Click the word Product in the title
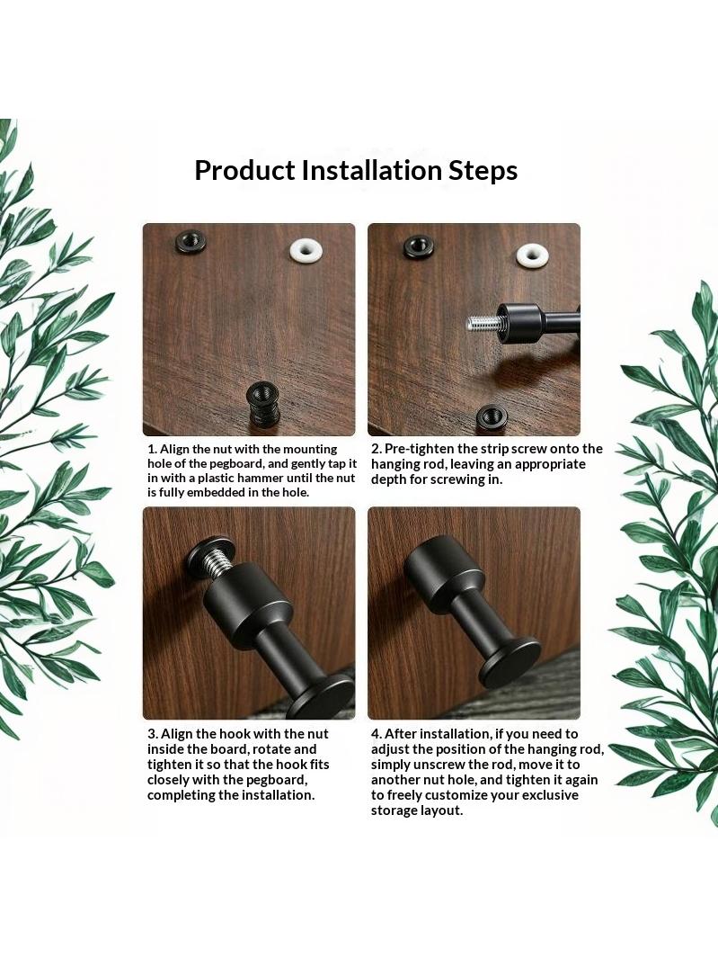244,170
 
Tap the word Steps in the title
483,171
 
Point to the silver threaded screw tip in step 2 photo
483,321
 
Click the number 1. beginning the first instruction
153,449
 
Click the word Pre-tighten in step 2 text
420,450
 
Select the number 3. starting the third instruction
153,734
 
